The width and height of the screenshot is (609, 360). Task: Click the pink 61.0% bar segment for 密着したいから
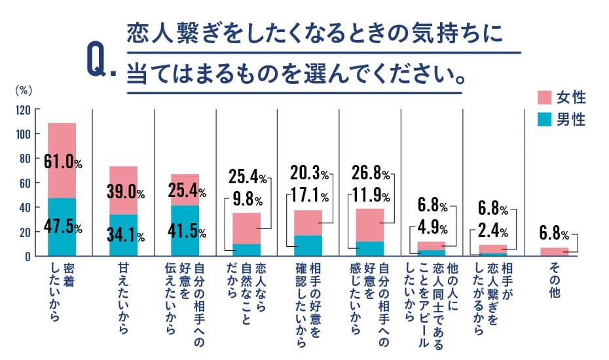[x=62, y=160]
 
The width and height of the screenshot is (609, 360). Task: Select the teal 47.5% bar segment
[x=62, y=226]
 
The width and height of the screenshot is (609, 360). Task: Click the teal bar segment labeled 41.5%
[x=185, y=231]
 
